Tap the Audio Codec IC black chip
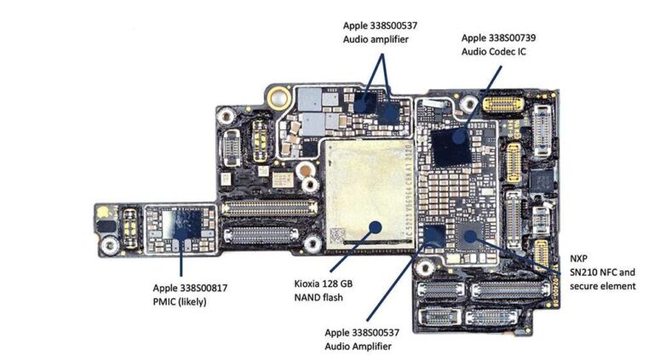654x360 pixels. coord(451,146)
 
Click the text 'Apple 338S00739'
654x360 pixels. coord(498,37)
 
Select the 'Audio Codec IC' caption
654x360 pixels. coord(494,52)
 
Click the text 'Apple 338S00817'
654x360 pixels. coord(191,288)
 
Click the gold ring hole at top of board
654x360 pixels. coord(274,96)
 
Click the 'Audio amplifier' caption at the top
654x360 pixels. coord(377,39)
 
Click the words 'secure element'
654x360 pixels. coord(602,286)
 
